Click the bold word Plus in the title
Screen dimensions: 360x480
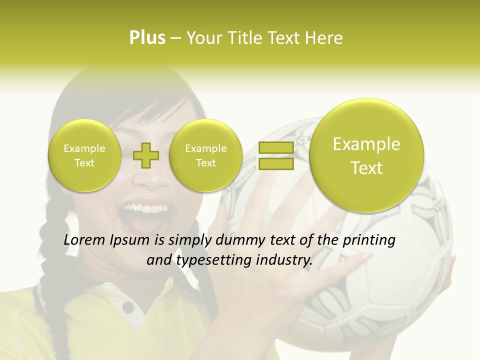[x=147, y=38]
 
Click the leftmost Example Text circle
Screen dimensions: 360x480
[x=84, y=155]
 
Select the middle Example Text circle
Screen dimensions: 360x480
[x=205, y=155]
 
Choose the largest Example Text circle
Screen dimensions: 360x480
[x=366, y=155]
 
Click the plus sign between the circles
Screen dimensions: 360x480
[x=146, y=155]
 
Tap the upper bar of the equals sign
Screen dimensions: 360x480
[x=275, y=148]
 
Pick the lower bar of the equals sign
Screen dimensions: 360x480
[x=275, y=163]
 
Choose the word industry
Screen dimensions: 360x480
[x=285, y=260]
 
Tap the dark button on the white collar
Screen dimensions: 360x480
[x=128, y=306]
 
